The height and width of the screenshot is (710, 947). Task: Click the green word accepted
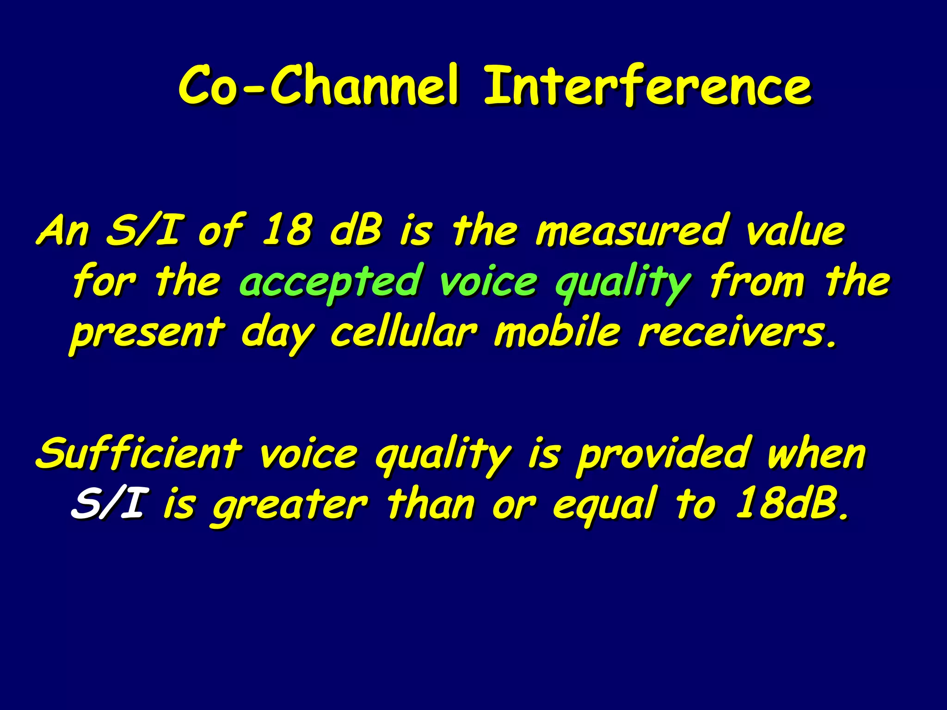331,282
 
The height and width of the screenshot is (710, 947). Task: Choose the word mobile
557,332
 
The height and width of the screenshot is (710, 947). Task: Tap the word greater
290,505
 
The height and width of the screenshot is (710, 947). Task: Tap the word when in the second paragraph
816,454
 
